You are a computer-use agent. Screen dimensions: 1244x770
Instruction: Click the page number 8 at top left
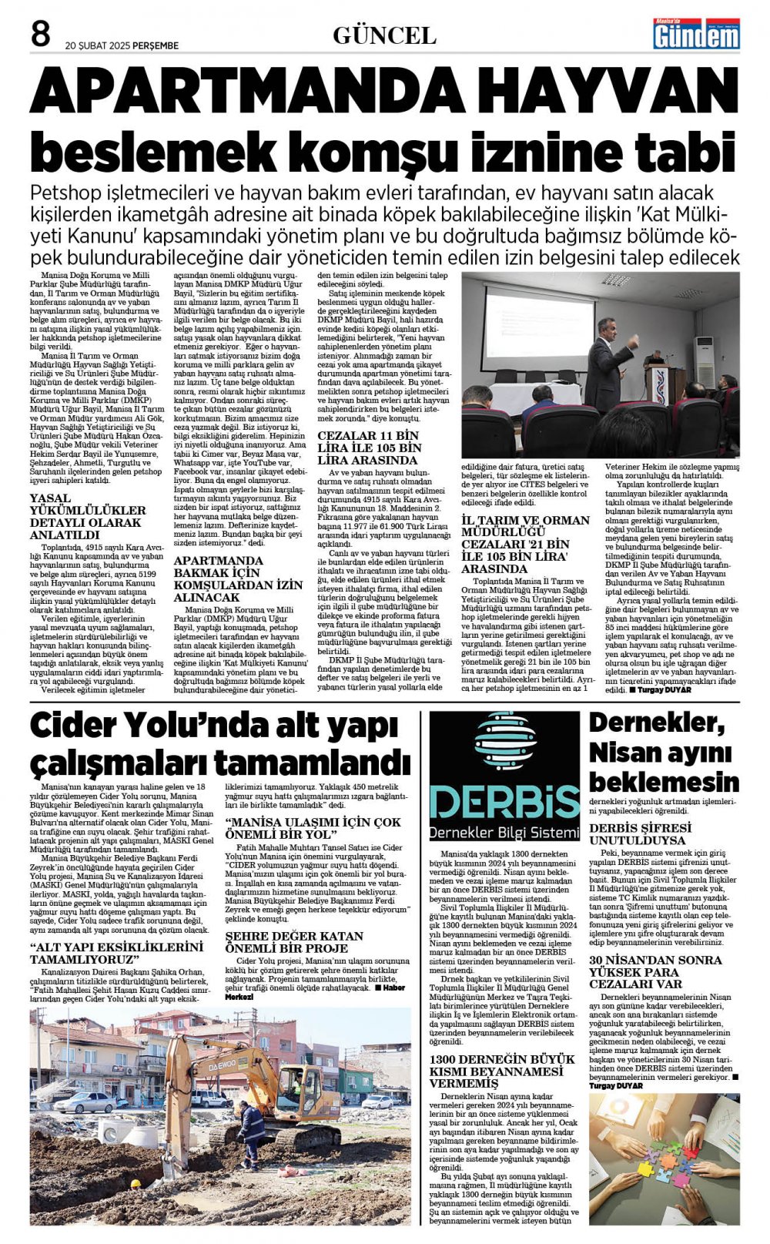(x=40, y=35)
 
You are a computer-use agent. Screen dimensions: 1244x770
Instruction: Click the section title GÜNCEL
(x=384, y=35)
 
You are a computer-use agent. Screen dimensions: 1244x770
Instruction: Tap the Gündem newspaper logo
(x=696, y=34)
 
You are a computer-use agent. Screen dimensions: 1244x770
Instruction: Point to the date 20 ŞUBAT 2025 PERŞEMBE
(x=122, y=45)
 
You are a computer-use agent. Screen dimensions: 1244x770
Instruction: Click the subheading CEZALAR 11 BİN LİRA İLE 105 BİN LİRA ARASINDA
(x=370, y=447)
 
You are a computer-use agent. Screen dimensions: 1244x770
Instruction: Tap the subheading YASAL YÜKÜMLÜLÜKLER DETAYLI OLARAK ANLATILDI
(x=87, y=516)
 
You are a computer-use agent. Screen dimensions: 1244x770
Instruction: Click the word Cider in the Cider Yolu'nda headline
(x=79, y=728)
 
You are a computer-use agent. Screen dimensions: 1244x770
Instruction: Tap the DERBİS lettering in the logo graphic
(x=504, y=802)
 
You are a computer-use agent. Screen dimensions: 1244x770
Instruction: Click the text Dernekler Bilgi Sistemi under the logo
(x=504, y=833)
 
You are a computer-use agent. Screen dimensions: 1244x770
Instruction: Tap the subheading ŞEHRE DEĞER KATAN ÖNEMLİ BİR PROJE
(x=294, y=941)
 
